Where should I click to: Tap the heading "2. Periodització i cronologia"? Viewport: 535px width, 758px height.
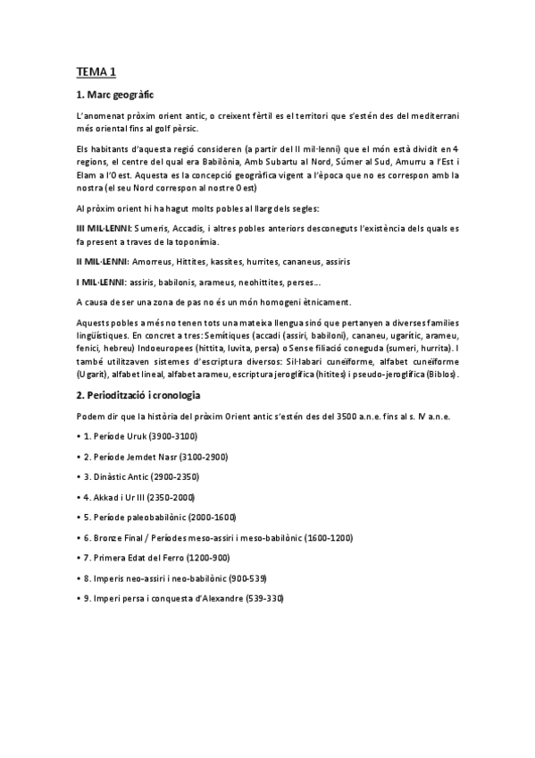tap(138, 394)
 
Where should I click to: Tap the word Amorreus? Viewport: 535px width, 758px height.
tap(154, 262)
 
